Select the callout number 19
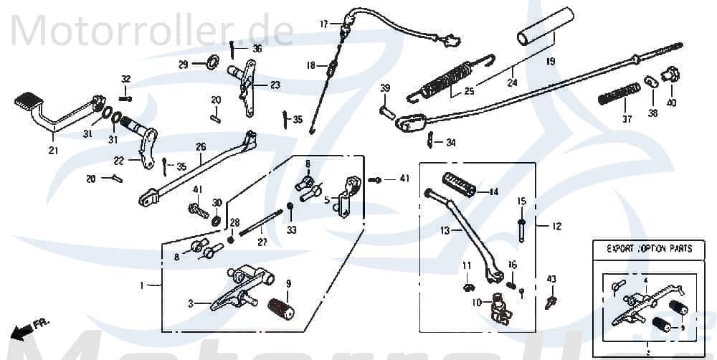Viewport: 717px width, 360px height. [x=550, y=62]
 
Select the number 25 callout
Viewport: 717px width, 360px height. [x=468, y=91]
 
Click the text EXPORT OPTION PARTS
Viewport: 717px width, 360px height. [x=649, y=249]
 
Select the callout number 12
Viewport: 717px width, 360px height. [x=556, y=227]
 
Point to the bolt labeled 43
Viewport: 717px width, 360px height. [x=550, y=301]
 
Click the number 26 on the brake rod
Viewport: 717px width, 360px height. [x=201, y=147]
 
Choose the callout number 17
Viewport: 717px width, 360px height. [x=324, y=24]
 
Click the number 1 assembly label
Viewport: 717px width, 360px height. [x=141, y=285]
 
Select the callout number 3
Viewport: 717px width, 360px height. [x=191, y=304]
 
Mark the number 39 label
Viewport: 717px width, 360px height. [x=385, y=88]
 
